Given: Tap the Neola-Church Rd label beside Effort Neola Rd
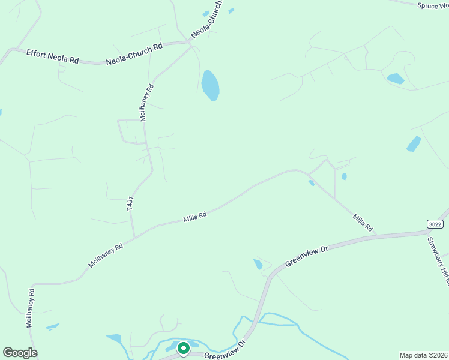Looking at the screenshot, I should click(x=134, y=54).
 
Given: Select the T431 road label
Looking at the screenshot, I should click(x=130, y=203).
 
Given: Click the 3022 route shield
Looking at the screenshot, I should click(x=435, y=224).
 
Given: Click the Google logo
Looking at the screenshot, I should click(x=20, y=353).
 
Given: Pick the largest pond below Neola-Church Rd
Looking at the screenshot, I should click(x=210, y=85).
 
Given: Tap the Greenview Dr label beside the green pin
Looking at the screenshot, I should click(x=226, y=352).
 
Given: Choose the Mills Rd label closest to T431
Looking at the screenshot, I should click(x=195, y=217).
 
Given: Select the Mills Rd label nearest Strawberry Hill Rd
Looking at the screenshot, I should click(x=363, y=223).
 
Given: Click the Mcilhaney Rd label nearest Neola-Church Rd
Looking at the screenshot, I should click(x=147, y=103).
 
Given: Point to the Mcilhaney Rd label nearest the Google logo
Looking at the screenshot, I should click(x=30, y=307).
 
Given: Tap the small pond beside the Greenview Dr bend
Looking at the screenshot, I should click(x=258, y=264).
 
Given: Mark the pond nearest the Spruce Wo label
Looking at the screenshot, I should click(x=396, y=79).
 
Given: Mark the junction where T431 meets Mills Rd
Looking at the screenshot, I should click(x=134, y=236).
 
